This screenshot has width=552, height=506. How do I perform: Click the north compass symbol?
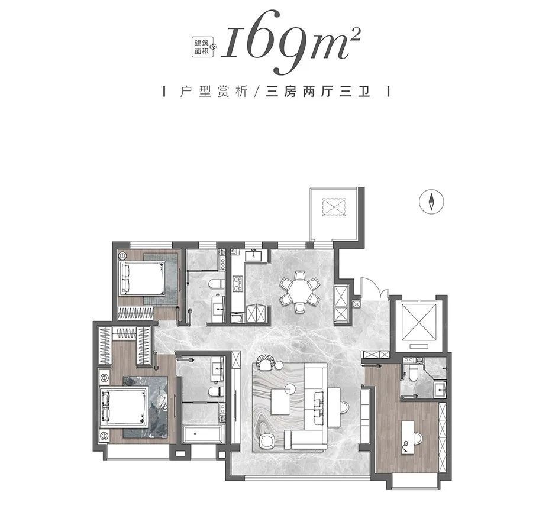431,202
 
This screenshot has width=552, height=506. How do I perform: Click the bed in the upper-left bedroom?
142,278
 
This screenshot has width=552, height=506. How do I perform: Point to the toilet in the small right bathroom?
413,372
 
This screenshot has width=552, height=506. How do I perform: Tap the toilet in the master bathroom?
215,391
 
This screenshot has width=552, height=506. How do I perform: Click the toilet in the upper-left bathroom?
215,283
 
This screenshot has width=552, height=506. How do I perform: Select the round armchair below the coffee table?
266,442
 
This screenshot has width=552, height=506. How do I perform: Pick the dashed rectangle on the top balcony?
334,207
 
